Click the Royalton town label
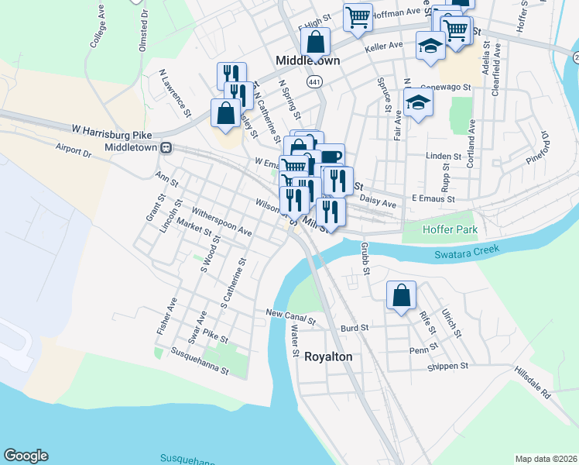(328, 356)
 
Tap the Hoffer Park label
(450, 230)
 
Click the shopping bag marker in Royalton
(401, 296)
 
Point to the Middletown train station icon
(165, 146)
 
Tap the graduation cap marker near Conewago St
(418, 103)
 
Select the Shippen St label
(449, 366)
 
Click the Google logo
(26, 456)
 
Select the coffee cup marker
(331, 158)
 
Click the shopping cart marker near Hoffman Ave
(358, 17)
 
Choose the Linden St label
(444, 157)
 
